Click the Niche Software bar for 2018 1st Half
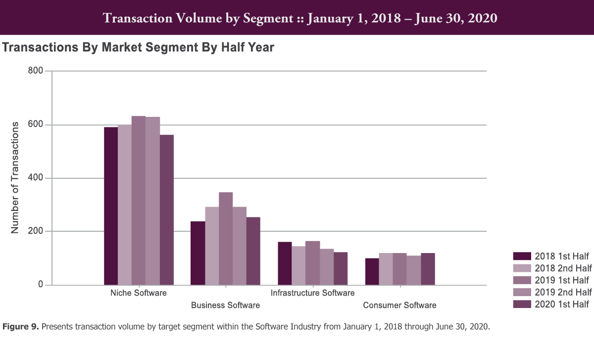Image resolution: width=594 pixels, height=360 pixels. click(111, 206)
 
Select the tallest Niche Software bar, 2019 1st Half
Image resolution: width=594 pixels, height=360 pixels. click(139, 201)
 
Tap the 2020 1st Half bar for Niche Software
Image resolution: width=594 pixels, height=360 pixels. click(167, 210)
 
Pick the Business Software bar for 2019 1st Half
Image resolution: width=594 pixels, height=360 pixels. click(226, 239)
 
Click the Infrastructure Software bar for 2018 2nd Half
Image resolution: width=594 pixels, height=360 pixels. click(298, 265)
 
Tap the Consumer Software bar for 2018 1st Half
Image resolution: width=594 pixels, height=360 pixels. click(372, 271)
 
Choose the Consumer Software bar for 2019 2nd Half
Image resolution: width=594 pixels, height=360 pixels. click(414, 270)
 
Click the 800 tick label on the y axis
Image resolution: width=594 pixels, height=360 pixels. click(35, 71)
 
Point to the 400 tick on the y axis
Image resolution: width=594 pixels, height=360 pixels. click(35, 178)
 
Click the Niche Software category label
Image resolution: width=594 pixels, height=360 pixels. click(139, 293)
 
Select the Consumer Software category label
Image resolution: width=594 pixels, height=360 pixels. click(399, 305)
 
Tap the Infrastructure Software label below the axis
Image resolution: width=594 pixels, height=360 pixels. click(312, 293)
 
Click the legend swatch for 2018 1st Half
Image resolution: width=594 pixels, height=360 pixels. click(522, 256)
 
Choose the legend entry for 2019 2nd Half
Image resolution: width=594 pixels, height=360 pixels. click(563, 292)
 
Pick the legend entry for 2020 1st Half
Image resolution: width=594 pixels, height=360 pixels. click(562, 304)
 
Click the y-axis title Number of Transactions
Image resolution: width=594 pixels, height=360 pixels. click(15, 177)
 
